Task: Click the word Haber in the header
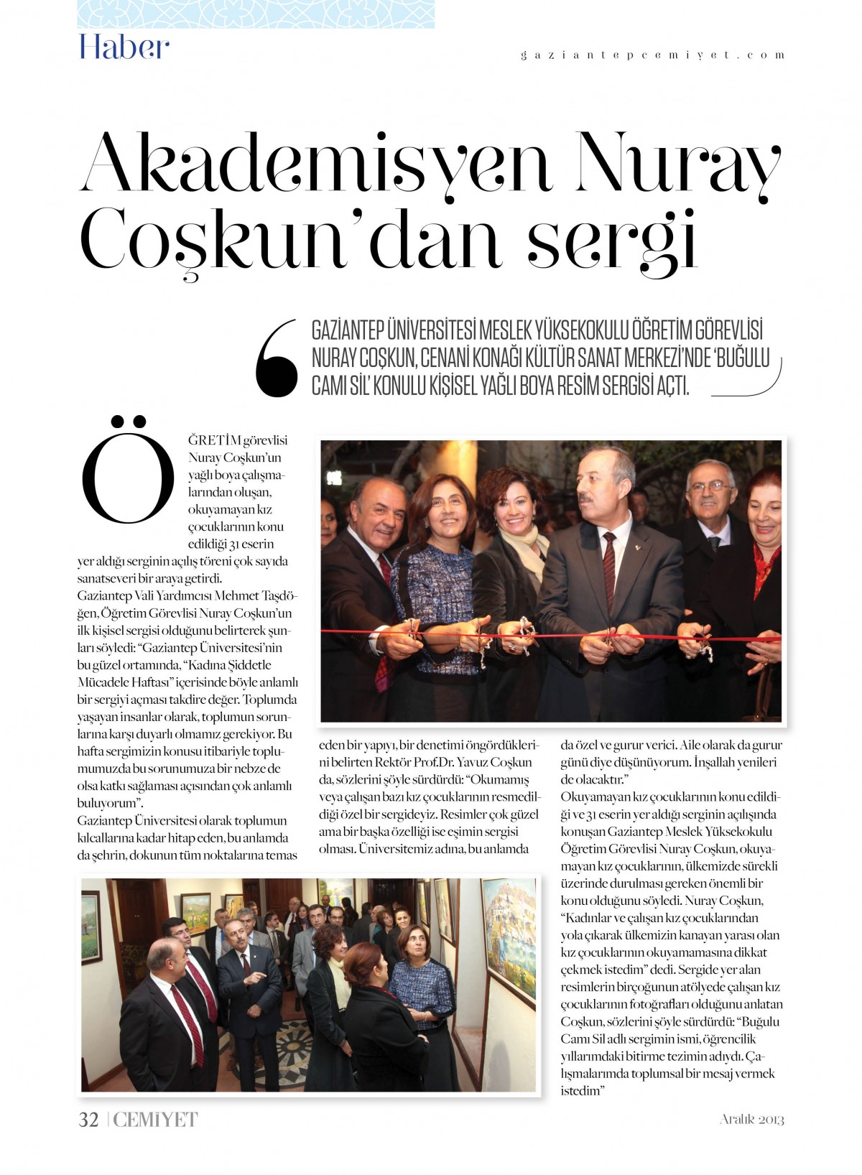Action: (x=124, y=47)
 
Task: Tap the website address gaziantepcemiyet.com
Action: (x=652, y=55)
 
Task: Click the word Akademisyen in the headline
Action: (x=316, y=164)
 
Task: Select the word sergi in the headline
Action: (x=613, y=240)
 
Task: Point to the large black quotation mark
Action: (x=277, y=359)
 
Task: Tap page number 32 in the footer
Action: (x=88, y=1120)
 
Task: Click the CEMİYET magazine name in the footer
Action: (x=155, y=1120)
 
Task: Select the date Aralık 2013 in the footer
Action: (x=751, y=1119)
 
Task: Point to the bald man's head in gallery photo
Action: (x=164, y=955)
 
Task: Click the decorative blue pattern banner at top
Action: (x=255, y=14)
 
